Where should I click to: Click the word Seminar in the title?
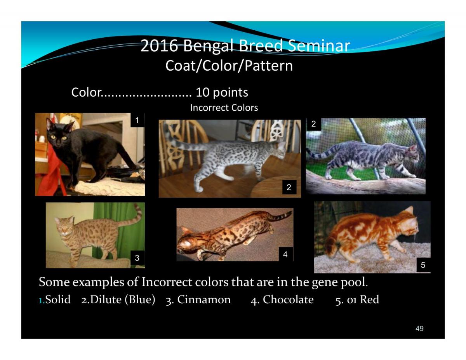click(318, 46)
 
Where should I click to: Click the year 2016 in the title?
click(159, 46)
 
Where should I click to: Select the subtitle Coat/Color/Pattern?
click(229, 66)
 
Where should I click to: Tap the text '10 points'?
click(222, 92)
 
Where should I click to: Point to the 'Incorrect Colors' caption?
click(224, 108)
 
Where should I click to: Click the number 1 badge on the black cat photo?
click(137, 120)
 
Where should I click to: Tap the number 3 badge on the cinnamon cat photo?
click(137, 257)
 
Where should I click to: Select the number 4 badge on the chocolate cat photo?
click(285, 254)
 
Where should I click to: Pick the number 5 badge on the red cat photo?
click(423, 265)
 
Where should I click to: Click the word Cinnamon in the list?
click(204, 299)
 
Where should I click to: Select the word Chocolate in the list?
click(288, 299)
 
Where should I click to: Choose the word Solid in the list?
click(58, 299)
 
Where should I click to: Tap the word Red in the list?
click(369, 299)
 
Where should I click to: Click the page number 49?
click(419, 328)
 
